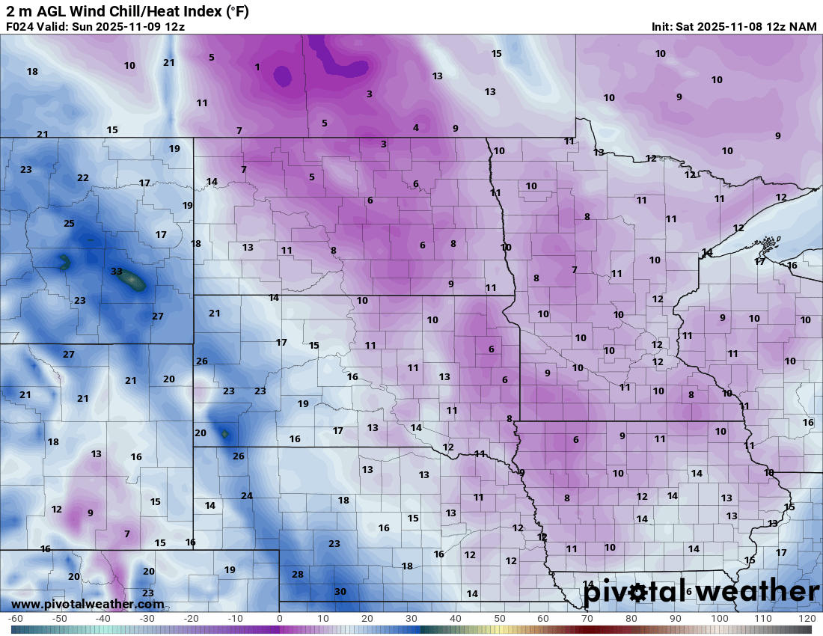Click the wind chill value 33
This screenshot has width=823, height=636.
[x=116, y=272]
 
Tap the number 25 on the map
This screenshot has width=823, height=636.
[x=69, y=224]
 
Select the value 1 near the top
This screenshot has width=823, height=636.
[x=257, y=67]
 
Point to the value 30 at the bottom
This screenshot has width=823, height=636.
[x=340, y=591]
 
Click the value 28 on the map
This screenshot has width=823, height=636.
[x=298, y=574]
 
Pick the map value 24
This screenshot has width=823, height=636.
[x=247, y=495]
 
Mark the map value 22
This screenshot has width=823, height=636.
[x=83, y=178]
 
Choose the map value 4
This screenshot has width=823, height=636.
[x=416, y=128]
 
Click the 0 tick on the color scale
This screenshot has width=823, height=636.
[x=280, y=619]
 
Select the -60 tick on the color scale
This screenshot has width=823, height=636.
[x=15, y=619]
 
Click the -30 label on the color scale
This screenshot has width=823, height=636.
[x=147, y=619]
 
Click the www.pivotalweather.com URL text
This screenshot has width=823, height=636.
[x=72, y=604]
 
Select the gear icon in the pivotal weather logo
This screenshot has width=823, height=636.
[x=637, y=593]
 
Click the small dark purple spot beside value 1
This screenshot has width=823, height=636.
[x=282, y=75]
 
